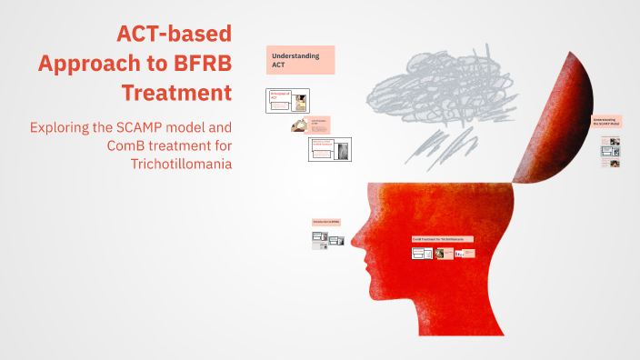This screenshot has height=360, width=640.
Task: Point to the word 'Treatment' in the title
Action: pos(176,93)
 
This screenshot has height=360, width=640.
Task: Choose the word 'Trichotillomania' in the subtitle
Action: pos(182,164)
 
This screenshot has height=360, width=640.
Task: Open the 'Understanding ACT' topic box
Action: pos(301,60)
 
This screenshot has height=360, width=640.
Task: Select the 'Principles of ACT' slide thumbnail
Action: pos(288,100)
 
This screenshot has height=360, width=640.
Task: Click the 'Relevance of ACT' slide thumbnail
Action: pos(330,148)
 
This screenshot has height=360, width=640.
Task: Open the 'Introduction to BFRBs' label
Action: pos(326,222)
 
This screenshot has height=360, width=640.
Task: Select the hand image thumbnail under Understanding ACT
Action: pos(299,126)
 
